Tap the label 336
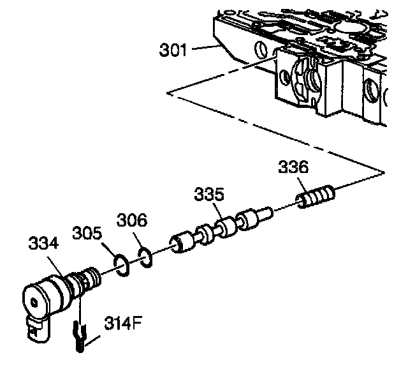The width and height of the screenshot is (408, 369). click(x=293, y=168)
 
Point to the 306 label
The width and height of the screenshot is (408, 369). click(x=132, y=221)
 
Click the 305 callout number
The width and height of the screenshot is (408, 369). click(x=85, y=230)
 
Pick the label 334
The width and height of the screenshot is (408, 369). click(x=43, y=243)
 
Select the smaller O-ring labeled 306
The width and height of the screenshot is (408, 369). click(x=145, y=257)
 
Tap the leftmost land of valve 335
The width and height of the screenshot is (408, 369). click(x=180, y=243)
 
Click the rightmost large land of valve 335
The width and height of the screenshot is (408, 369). click(x=248, y=222)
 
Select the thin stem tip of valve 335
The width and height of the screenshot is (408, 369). click(x=267, y=212)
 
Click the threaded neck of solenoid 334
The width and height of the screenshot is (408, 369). click(x=84, y=281)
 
